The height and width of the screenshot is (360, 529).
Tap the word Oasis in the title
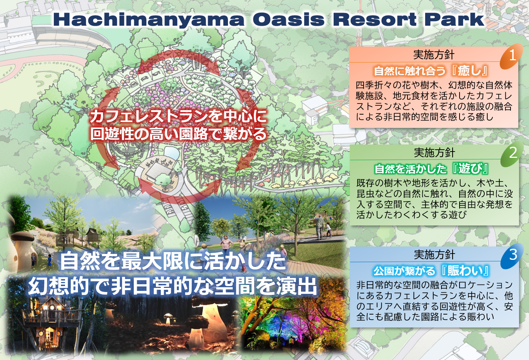[x=289, y=19]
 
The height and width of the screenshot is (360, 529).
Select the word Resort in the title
[x=374, y=19]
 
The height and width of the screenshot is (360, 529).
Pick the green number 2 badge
[x=512, y=153]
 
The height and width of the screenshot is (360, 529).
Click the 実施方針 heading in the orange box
[x=434, y=55]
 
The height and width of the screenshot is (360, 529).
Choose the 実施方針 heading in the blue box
[x=434, y=255]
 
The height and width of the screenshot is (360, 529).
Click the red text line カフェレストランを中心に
[x=179, y=116]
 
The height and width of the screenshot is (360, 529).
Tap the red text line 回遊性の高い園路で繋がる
[x=179, y=134]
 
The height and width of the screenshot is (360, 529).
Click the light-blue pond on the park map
[x=172, y=153]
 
